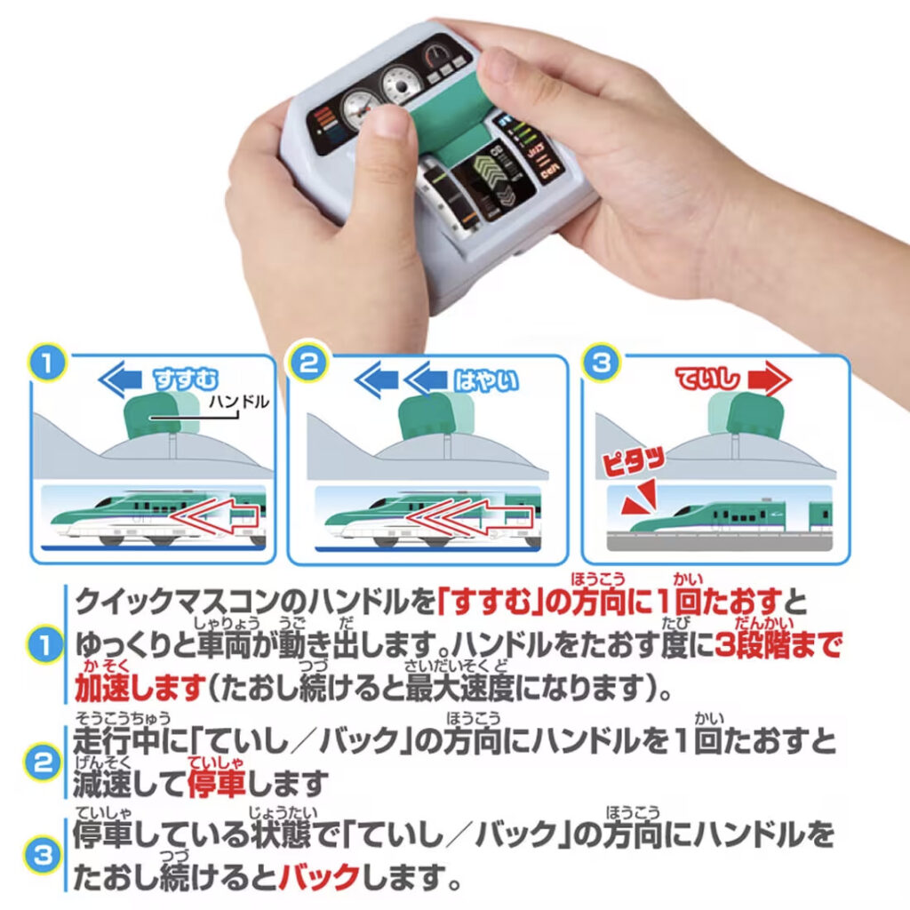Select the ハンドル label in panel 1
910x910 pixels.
pyautogui.click(x=237, y=403)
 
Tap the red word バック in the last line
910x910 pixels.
pyautogui.click(x=318, y=879)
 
